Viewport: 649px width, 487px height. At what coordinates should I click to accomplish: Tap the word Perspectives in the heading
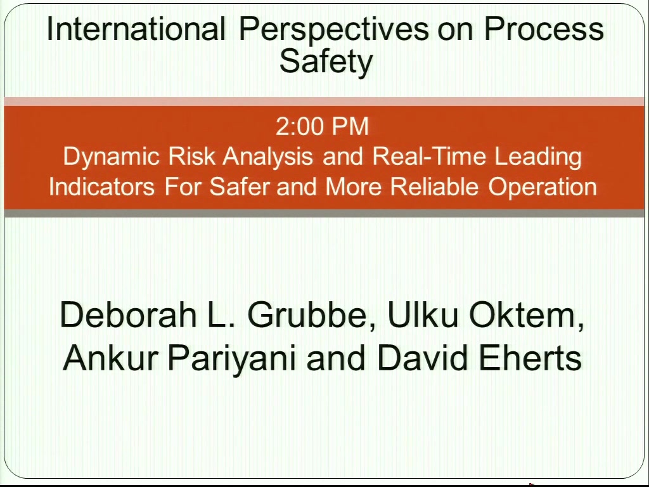pyautogui.click(x=334, y=30)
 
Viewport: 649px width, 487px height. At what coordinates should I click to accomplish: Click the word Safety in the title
pyautogui.click(x=326, y=62)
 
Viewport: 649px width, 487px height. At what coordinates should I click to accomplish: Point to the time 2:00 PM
pyautogui.click(x=323, y=126)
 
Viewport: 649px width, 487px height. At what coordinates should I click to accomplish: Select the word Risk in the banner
pyautogui.click(x=191, y=156)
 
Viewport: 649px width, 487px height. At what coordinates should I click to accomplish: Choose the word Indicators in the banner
pyautogui.click(x=102, y=187)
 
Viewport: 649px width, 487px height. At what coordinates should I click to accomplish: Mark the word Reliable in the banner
pyautogui.click(x=434, y=187)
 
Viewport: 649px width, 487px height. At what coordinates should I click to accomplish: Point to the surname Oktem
pyautogui.click(x=527, y=316)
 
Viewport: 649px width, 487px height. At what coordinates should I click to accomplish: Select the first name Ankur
pyautogui.click(x=110, y=357)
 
